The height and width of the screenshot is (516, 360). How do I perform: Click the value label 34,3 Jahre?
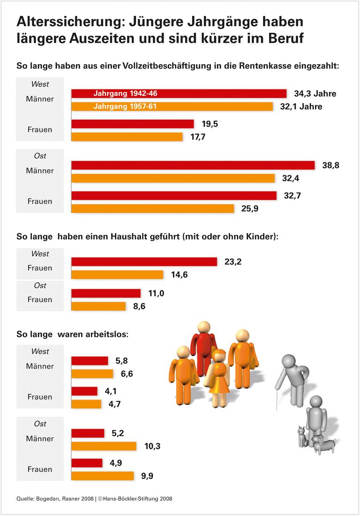[x=315, y=94]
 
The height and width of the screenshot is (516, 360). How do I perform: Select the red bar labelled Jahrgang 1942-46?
[x=179, y=93]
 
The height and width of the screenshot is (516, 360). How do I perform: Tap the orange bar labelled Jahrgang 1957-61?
[x=172, y=106]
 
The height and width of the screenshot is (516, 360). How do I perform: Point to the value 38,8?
[x=331, y=165]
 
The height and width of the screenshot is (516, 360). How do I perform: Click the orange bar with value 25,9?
[x=152, y=208]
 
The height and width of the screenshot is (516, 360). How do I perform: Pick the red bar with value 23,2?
[x=144, y=262]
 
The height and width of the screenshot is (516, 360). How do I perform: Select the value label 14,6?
[x=180, y=275]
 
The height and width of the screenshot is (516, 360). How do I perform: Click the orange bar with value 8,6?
[x=98, y=306]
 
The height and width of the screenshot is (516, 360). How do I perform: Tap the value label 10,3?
[x=152, y=446]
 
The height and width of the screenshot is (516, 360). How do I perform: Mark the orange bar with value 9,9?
[x=102, y=476]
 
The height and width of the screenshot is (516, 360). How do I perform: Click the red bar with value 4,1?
[x=84, y=391]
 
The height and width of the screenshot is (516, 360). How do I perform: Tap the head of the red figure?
[x=204, y=327]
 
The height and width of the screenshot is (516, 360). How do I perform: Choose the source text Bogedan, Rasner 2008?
[x=65, y=499]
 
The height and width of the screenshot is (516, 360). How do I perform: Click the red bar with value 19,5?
[x=132, y=124]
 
